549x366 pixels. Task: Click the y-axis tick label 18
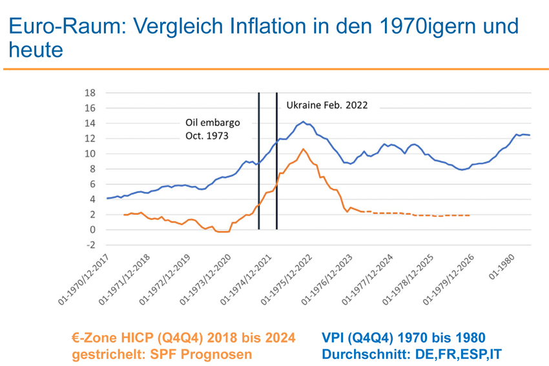click(x=91, y=93)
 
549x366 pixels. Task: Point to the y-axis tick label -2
click(x=91, y=245)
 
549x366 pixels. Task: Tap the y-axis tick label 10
click(x=91, y=154)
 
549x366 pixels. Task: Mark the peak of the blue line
click(x=303, y=121)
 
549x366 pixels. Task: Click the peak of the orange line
click(x=303, y=149)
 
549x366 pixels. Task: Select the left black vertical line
click(x=259, y=161)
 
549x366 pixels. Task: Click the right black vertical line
click(x=277, y=161)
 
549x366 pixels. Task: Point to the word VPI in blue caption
click(x=335, y=338)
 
